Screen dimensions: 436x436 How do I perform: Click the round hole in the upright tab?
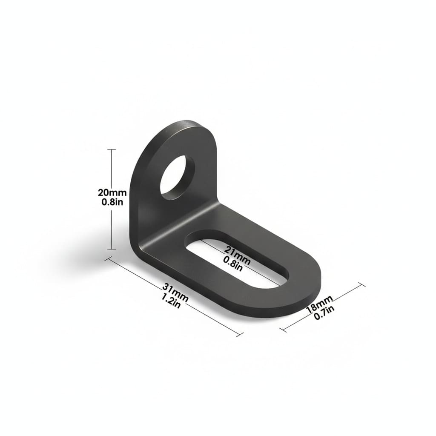click(x=177, y=178)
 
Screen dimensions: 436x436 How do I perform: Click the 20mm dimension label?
click(x=112, y=192)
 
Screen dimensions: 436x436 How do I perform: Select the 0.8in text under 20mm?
click(x=112, y=202)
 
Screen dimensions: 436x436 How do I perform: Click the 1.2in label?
click(x=171, y=301)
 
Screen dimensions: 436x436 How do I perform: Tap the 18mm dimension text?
click(x=319, y=304)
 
